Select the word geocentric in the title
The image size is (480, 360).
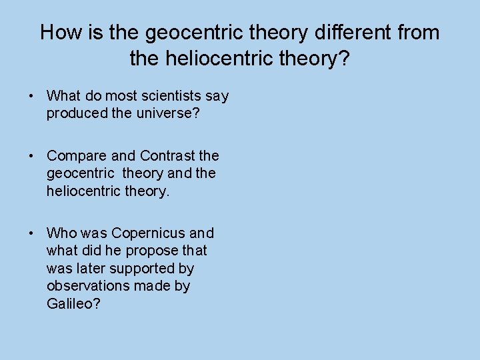(179, 33)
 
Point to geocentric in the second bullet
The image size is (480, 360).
(77, 173)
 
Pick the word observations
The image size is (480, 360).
(85, 285)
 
